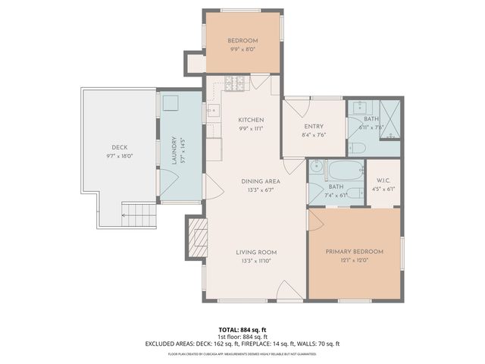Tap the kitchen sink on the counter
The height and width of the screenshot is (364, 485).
click(212, 111)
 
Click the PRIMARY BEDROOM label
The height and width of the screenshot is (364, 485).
click(354, 252)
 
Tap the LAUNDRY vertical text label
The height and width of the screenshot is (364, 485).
click(174, 150)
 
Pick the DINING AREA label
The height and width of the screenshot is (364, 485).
click(261, 180)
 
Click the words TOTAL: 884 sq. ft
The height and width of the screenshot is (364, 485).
click(242, 330)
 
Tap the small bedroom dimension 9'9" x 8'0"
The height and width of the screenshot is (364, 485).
click(243, 49)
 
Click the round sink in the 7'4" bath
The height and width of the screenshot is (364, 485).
click(317, 168)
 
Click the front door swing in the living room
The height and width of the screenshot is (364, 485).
click(286, 289)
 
